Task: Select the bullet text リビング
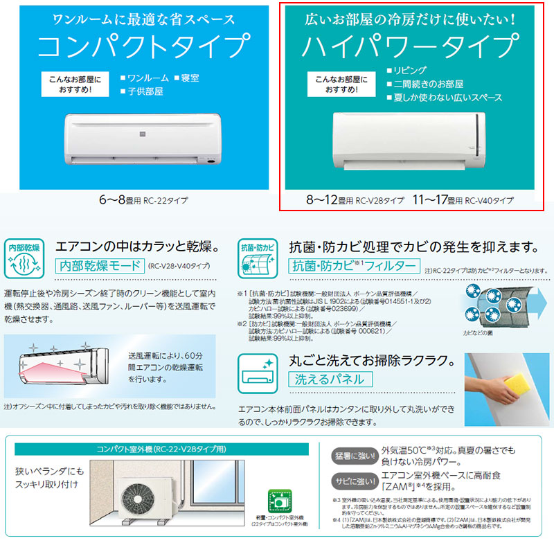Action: coord(411,70)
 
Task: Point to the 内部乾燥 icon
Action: coord(24,258)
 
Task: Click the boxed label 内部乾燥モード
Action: coord(98,265)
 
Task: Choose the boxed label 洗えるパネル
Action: coord(330,379)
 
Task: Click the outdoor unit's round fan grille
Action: coord(136,498)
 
